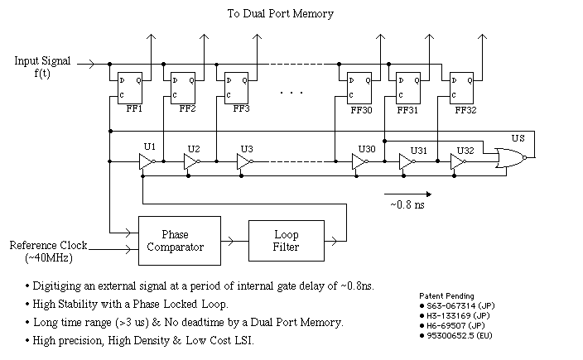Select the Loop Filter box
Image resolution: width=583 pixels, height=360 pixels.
pos(287,240)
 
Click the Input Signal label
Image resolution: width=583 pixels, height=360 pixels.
pos(43,61)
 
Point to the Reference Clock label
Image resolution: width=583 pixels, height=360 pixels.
pos(47,246)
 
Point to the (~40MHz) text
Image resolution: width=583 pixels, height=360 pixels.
pos(49,259)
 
